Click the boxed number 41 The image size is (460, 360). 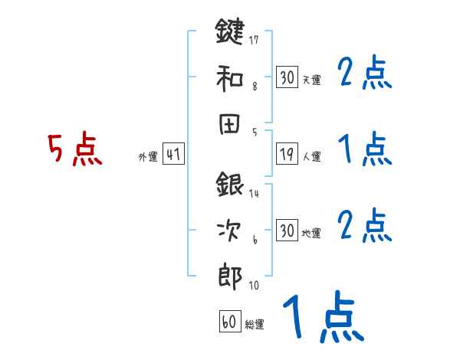coord(173,155)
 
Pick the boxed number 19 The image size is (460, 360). coord(287,155)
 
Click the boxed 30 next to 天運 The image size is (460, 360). coord(287,78)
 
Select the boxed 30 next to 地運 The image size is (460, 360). coord(287,231)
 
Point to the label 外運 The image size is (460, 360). coord(148,157)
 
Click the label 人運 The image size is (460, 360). coord(311,157)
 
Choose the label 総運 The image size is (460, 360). coord(254,325)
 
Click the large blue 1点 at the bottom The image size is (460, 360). coord(323,316)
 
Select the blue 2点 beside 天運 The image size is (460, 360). coord(365,75)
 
